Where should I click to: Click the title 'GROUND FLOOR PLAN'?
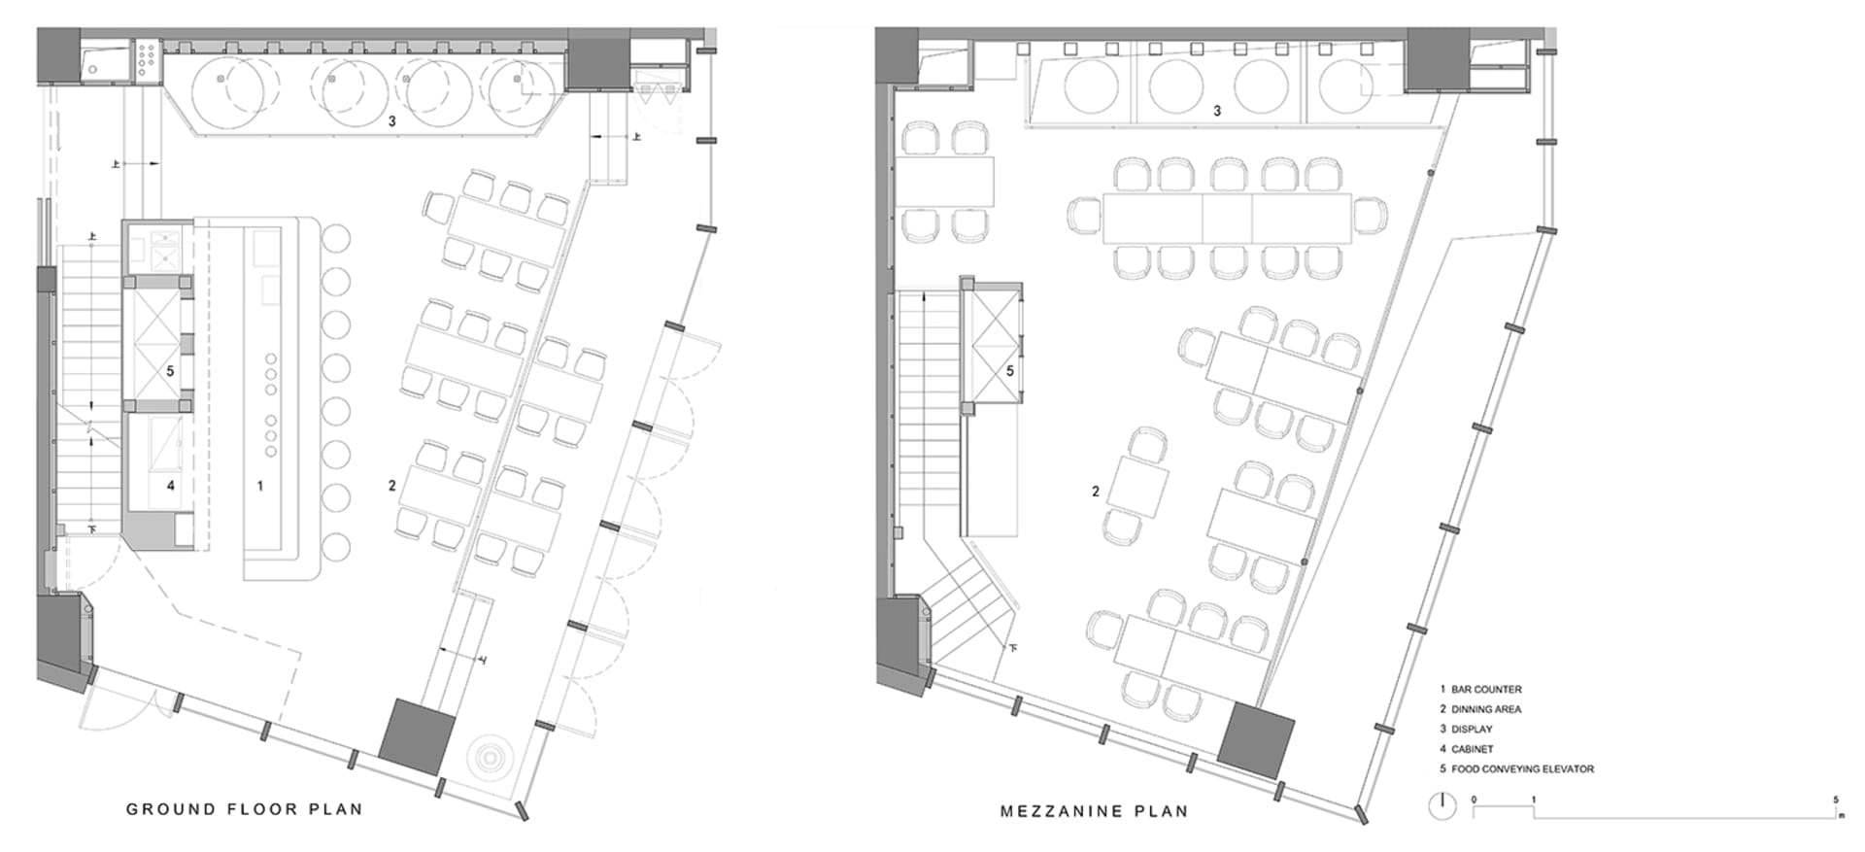click(244, 809)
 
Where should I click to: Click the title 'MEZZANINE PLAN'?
click(1095, 811)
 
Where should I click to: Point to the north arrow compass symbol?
click(1441, 805)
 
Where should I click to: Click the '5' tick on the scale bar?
click(1836, 801)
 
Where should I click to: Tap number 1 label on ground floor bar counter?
click(259, 486)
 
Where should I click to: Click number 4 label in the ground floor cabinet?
click(171, 486)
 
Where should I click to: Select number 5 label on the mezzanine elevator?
click(1010, 371)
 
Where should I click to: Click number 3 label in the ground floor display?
click(392, 121)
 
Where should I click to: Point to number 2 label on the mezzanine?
click(1096, 492)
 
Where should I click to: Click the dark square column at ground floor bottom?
click(416, 735)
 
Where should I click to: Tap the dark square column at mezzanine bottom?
click(1256, 741)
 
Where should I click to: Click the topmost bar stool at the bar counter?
click(335, 239)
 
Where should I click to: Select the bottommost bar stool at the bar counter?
click(335, 547)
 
